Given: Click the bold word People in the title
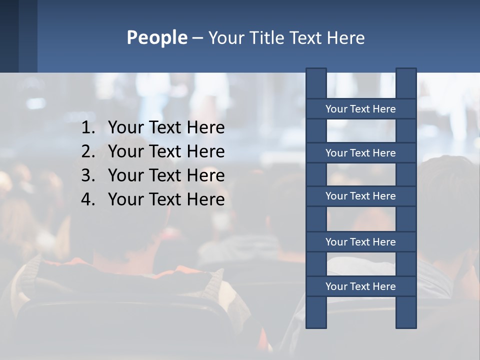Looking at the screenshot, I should click(156, 38).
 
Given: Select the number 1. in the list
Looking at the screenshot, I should click(88, 128).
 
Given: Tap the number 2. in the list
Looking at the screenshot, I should click(88, 151).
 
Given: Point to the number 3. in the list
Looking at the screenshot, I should click(88, 175).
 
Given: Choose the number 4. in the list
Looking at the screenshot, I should click(88, 199).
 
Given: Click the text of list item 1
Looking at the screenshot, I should click(166, 128).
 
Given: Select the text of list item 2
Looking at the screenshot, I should click(166, 151).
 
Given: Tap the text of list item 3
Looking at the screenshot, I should click(166, 175).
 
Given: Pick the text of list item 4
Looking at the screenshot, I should click(166, 199).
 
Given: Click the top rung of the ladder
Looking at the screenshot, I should click(360, 109).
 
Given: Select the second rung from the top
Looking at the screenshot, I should click(360, 153).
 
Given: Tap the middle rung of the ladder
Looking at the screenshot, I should click(360, 196).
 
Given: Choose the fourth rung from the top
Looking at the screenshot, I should click(360, 242).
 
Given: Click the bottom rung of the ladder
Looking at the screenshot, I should click(360, 286).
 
